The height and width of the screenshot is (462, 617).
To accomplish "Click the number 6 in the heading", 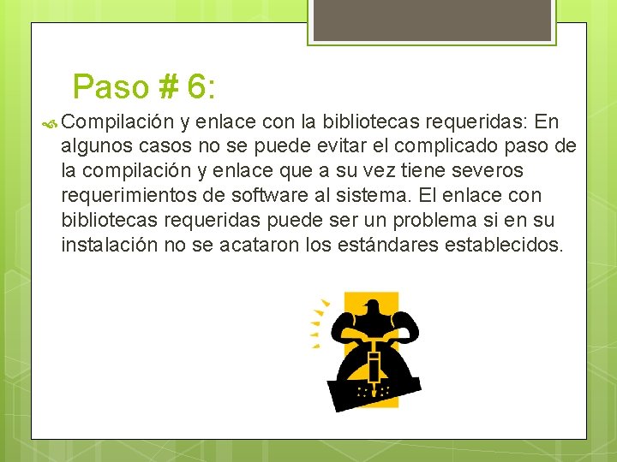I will pos(195,86).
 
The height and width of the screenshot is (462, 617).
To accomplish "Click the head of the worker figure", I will pos(371,309).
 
